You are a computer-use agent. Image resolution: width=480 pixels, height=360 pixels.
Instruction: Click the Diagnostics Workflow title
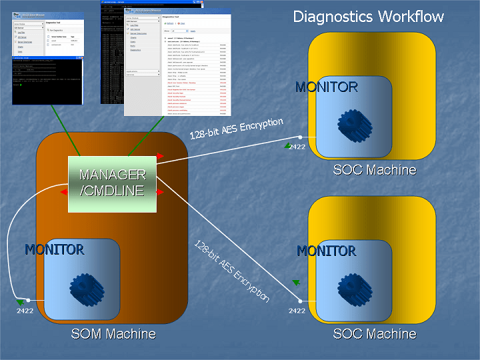coord(368,17)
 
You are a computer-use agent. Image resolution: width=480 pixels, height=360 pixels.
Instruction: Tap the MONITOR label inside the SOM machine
coord(54,249)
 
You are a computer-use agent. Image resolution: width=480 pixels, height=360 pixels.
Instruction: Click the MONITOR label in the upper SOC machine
coord(326,87)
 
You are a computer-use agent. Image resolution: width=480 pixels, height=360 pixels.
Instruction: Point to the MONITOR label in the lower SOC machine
coord(326,251)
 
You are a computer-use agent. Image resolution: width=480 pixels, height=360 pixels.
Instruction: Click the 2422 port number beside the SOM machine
coord(25,311)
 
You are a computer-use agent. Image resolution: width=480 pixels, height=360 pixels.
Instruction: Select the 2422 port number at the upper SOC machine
coord(297,147)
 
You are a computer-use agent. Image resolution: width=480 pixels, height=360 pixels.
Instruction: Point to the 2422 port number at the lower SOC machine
coord(297,311)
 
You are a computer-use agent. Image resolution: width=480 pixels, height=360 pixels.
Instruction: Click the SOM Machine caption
coord(113,333)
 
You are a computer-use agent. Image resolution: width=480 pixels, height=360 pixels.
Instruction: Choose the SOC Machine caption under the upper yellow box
coord(375,170)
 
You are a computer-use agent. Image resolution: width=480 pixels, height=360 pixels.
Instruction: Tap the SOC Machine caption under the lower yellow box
coord(375,333)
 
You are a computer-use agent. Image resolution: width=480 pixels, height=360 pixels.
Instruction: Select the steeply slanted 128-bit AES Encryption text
coord(231,271)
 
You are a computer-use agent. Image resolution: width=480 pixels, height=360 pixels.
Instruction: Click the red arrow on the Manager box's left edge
coord(64,192)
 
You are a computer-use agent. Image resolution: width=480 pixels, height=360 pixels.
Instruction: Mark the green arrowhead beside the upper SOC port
coord(287,145)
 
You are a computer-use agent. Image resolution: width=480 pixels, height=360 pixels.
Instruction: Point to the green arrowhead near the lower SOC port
coord(296,283)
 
